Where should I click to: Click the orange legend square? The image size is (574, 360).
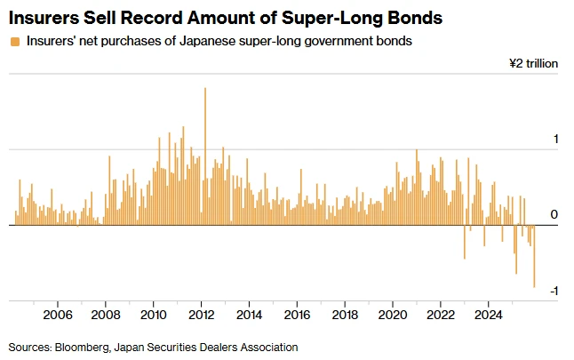pyautogui.click(x=13, y=41)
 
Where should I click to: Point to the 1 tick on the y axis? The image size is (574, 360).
pyautogui.click(x=555, y=140)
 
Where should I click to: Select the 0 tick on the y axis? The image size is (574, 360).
pyautogui.click(x=555, y=215)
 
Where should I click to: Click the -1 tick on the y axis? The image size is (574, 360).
pyautogui.click(x=554, y=292)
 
